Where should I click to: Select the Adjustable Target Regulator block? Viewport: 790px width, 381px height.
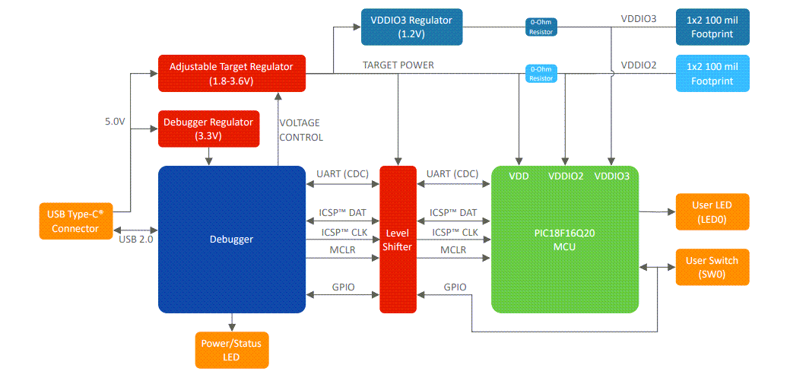(x=231, y=74)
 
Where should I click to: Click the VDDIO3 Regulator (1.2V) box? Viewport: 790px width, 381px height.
(x=411, y=26)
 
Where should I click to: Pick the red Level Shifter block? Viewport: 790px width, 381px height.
(x=398, y=239)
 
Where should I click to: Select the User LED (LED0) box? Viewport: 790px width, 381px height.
(x=712, y=212)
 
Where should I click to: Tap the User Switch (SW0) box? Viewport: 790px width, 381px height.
(x=712, y=267)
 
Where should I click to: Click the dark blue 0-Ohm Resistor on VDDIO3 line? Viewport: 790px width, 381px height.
(x=541, y=27)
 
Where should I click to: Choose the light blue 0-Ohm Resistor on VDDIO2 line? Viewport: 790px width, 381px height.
(x=541, y=74)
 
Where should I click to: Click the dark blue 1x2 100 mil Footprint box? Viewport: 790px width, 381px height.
(x=712, y=27)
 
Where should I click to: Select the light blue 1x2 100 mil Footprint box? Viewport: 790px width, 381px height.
(x=712, y=74)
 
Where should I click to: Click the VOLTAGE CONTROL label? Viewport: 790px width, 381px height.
(x=301, y=130)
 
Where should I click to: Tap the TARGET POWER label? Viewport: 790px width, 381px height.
(x=398, y=65)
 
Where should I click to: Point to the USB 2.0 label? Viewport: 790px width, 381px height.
(x=138, y=240)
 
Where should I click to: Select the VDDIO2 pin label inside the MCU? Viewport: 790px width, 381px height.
(x=566, y=176)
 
